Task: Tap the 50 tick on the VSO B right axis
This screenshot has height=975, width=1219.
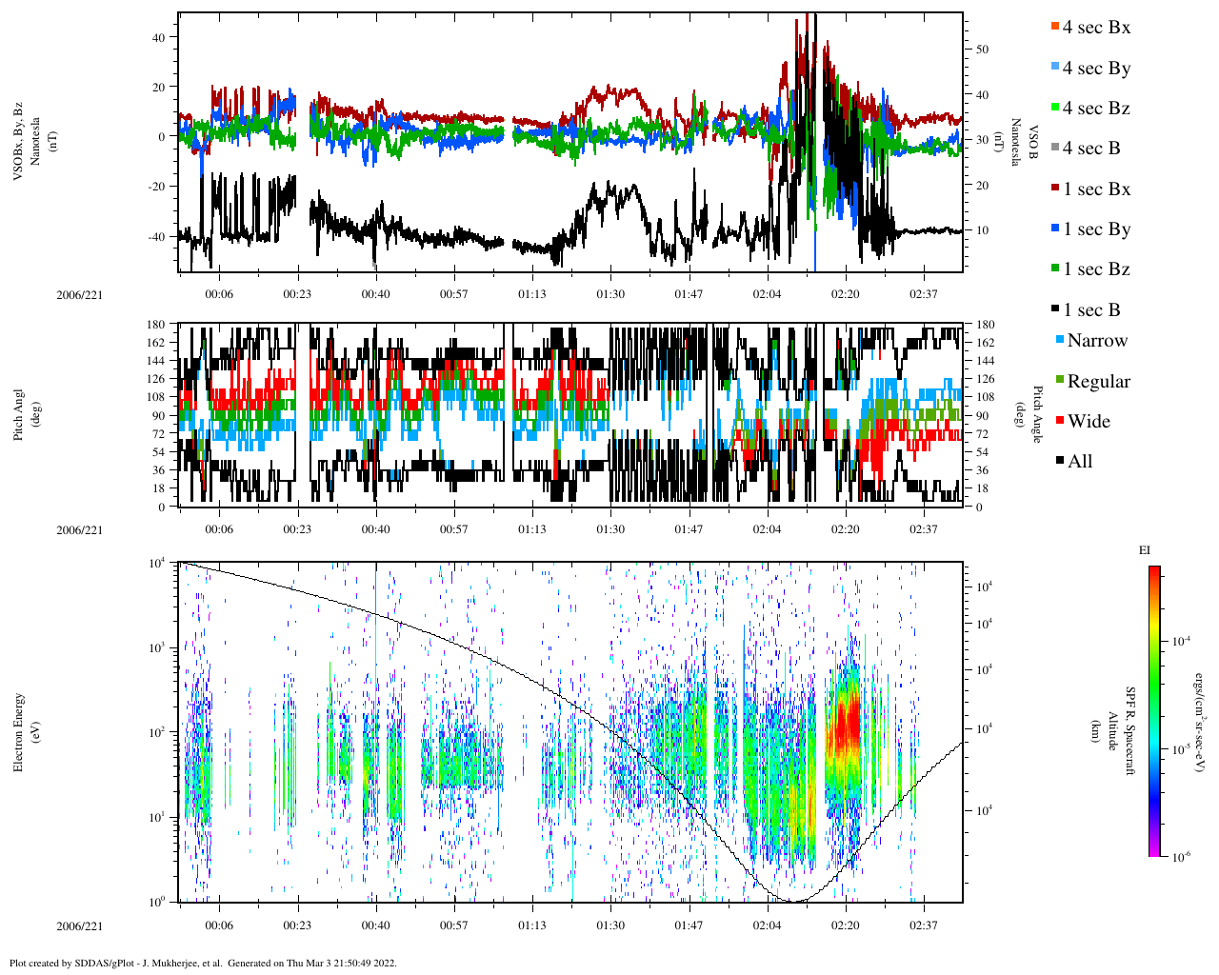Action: (981, 50)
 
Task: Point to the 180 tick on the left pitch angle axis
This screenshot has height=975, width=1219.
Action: (156, 325)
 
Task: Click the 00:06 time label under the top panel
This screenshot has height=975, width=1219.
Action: (219, 294)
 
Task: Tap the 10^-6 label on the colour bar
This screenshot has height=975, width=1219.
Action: (1182, 857)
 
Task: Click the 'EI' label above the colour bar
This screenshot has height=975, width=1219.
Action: (1145, 550)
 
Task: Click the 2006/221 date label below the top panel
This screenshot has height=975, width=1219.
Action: (79, 294)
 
